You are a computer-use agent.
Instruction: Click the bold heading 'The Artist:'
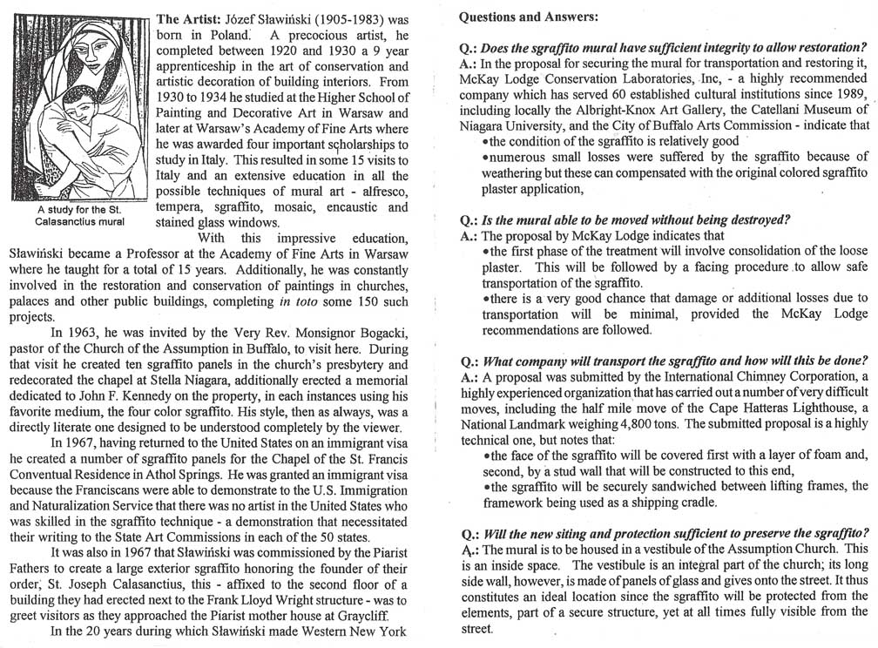[x=186, y=18]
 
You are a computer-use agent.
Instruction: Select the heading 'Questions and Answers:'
[x=517, y=17]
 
